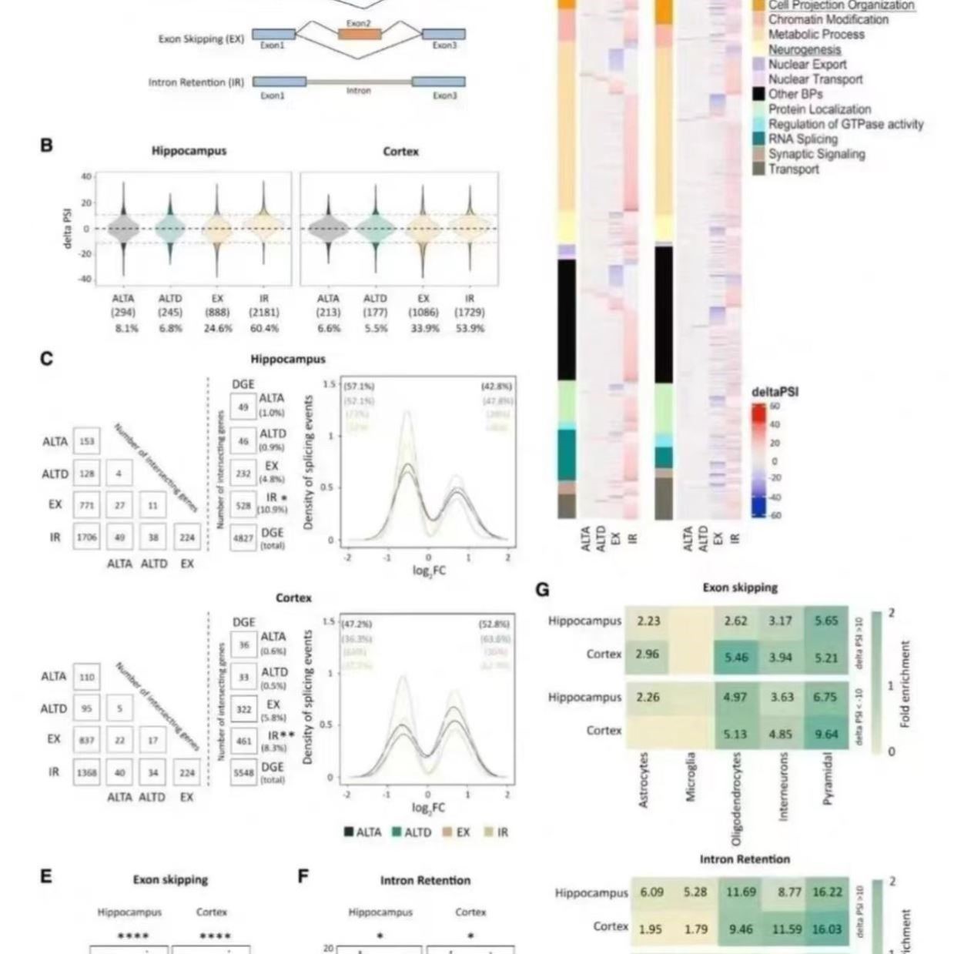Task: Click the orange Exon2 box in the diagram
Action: click(359, 33)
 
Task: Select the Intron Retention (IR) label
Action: click(197, 82)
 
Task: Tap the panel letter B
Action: click(47, 145)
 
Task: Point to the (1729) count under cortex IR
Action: click(470, 313)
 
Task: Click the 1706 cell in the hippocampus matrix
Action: click(87, 537)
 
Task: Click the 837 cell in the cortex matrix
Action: click(87, 740)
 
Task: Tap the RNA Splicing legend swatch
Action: click(758, 139)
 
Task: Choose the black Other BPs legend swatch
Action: click(758, 94)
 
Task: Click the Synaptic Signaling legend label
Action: click(816, 154)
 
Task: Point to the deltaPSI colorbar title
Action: click(775, 392)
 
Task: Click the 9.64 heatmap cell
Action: click(825, 734)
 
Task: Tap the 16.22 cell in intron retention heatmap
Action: click(826, 892)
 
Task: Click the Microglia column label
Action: click(691, 777)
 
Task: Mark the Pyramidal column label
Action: click(828, 778)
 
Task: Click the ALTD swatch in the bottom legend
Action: click(397, 832)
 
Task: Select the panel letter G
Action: click(542, 590)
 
